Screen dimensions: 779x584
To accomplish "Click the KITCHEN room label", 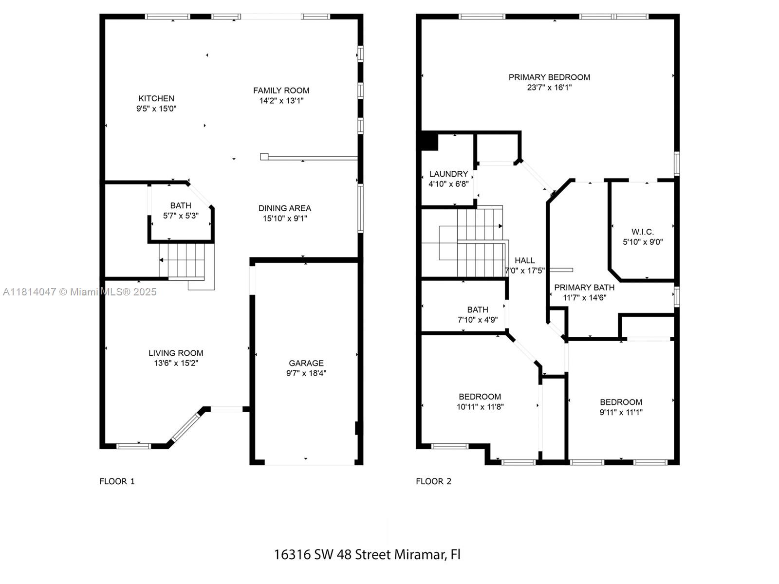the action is (156, 98).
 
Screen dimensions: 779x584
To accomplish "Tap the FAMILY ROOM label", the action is (281, 91).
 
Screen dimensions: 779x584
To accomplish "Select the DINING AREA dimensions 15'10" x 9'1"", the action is (285, 219).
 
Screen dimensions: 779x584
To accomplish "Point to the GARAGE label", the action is (306, 363).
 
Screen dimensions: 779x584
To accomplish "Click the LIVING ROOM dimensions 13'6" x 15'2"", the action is (176, 363).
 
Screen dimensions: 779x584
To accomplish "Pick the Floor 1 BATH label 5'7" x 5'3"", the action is (181, 206).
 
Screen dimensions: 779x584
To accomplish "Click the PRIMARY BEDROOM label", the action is (549, 77).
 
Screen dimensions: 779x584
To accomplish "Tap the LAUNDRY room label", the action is (448, 174).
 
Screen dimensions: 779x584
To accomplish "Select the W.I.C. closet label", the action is (643, 232).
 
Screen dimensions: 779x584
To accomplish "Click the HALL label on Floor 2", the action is (524, 261).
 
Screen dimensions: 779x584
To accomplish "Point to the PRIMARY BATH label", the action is (585, 288).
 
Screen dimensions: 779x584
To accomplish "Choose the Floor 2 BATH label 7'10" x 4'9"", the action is (478, 310).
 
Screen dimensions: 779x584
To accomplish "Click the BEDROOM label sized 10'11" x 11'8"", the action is (480, 397).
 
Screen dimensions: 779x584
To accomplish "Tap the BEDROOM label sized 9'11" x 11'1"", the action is (621, 402).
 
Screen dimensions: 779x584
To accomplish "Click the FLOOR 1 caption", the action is (117, 481).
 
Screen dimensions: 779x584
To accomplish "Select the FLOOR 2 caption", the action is (434, 481).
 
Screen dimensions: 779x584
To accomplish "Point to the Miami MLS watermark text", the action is (79, 292).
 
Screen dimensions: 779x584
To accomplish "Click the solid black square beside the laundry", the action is (429, 141).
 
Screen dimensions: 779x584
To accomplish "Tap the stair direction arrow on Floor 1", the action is (161, 260).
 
